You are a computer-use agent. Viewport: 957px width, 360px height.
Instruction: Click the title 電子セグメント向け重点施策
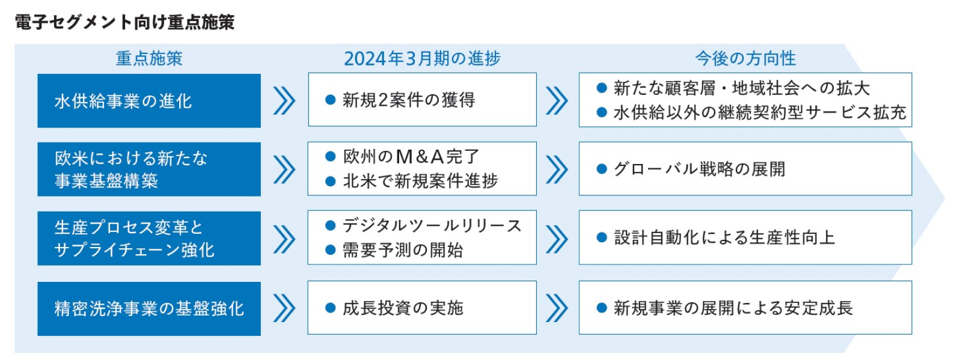[x=124, y=22]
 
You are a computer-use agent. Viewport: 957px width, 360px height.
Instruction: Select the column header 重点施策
[x=149, y=58]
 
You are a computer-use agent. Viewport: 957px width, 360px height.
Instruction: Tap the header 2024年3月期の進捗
[x=422, y=58]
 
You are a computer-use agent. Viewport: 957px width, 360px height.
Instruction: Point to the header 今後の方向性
[x=745, y=58]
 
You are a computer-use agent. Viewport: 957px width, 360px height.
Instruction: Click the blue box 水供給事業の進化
[x=149, y=101]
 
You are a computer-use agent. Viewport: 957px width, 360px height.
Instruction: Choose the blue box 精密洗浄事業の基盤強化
[x=149, y=308]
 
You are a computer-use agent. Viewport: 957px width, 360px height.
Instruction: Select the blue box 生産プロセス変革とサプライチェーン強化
[x=149, y=238]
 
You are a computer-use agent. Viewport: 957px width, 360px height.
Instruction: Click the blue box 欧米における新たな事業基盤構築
[x=149, y=169]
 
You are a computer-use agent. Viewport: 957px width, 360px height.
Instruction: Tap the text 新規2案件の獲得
[x=409, y=100]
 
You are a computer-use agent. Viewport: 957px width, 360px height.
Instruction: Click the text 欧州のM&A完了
[x=411, y=157]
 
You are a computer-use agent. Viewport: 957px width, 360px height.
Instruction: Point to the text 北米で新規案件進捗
[x=420, y=181]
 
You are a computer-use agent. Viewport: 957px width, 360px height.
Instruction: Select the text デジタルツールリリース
[x=432, y=225]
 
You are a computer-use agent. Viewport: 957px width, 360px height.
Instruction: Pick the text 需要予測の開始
[x=403, y=250]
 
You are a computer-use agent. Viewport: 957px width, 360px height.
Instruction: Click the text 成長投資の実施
[x=403, y=308]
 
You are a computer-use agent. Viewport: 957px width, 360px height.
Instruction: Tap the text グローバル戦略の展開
[x=699, y=169]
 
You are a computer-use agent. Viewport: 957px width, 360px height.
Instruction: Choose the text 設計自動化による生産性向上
[x=724, y=237]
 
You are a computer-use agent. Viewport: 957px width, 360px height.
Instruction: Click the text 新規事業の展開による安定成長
[x=733, y=308]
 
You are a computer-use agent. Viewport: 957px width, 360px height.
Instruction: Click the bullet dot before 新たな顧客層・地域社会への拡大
[x=602, y=88]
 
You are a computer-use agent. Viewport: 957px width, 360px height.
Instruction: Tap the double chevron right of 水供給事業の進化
[x=284, y=101]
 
